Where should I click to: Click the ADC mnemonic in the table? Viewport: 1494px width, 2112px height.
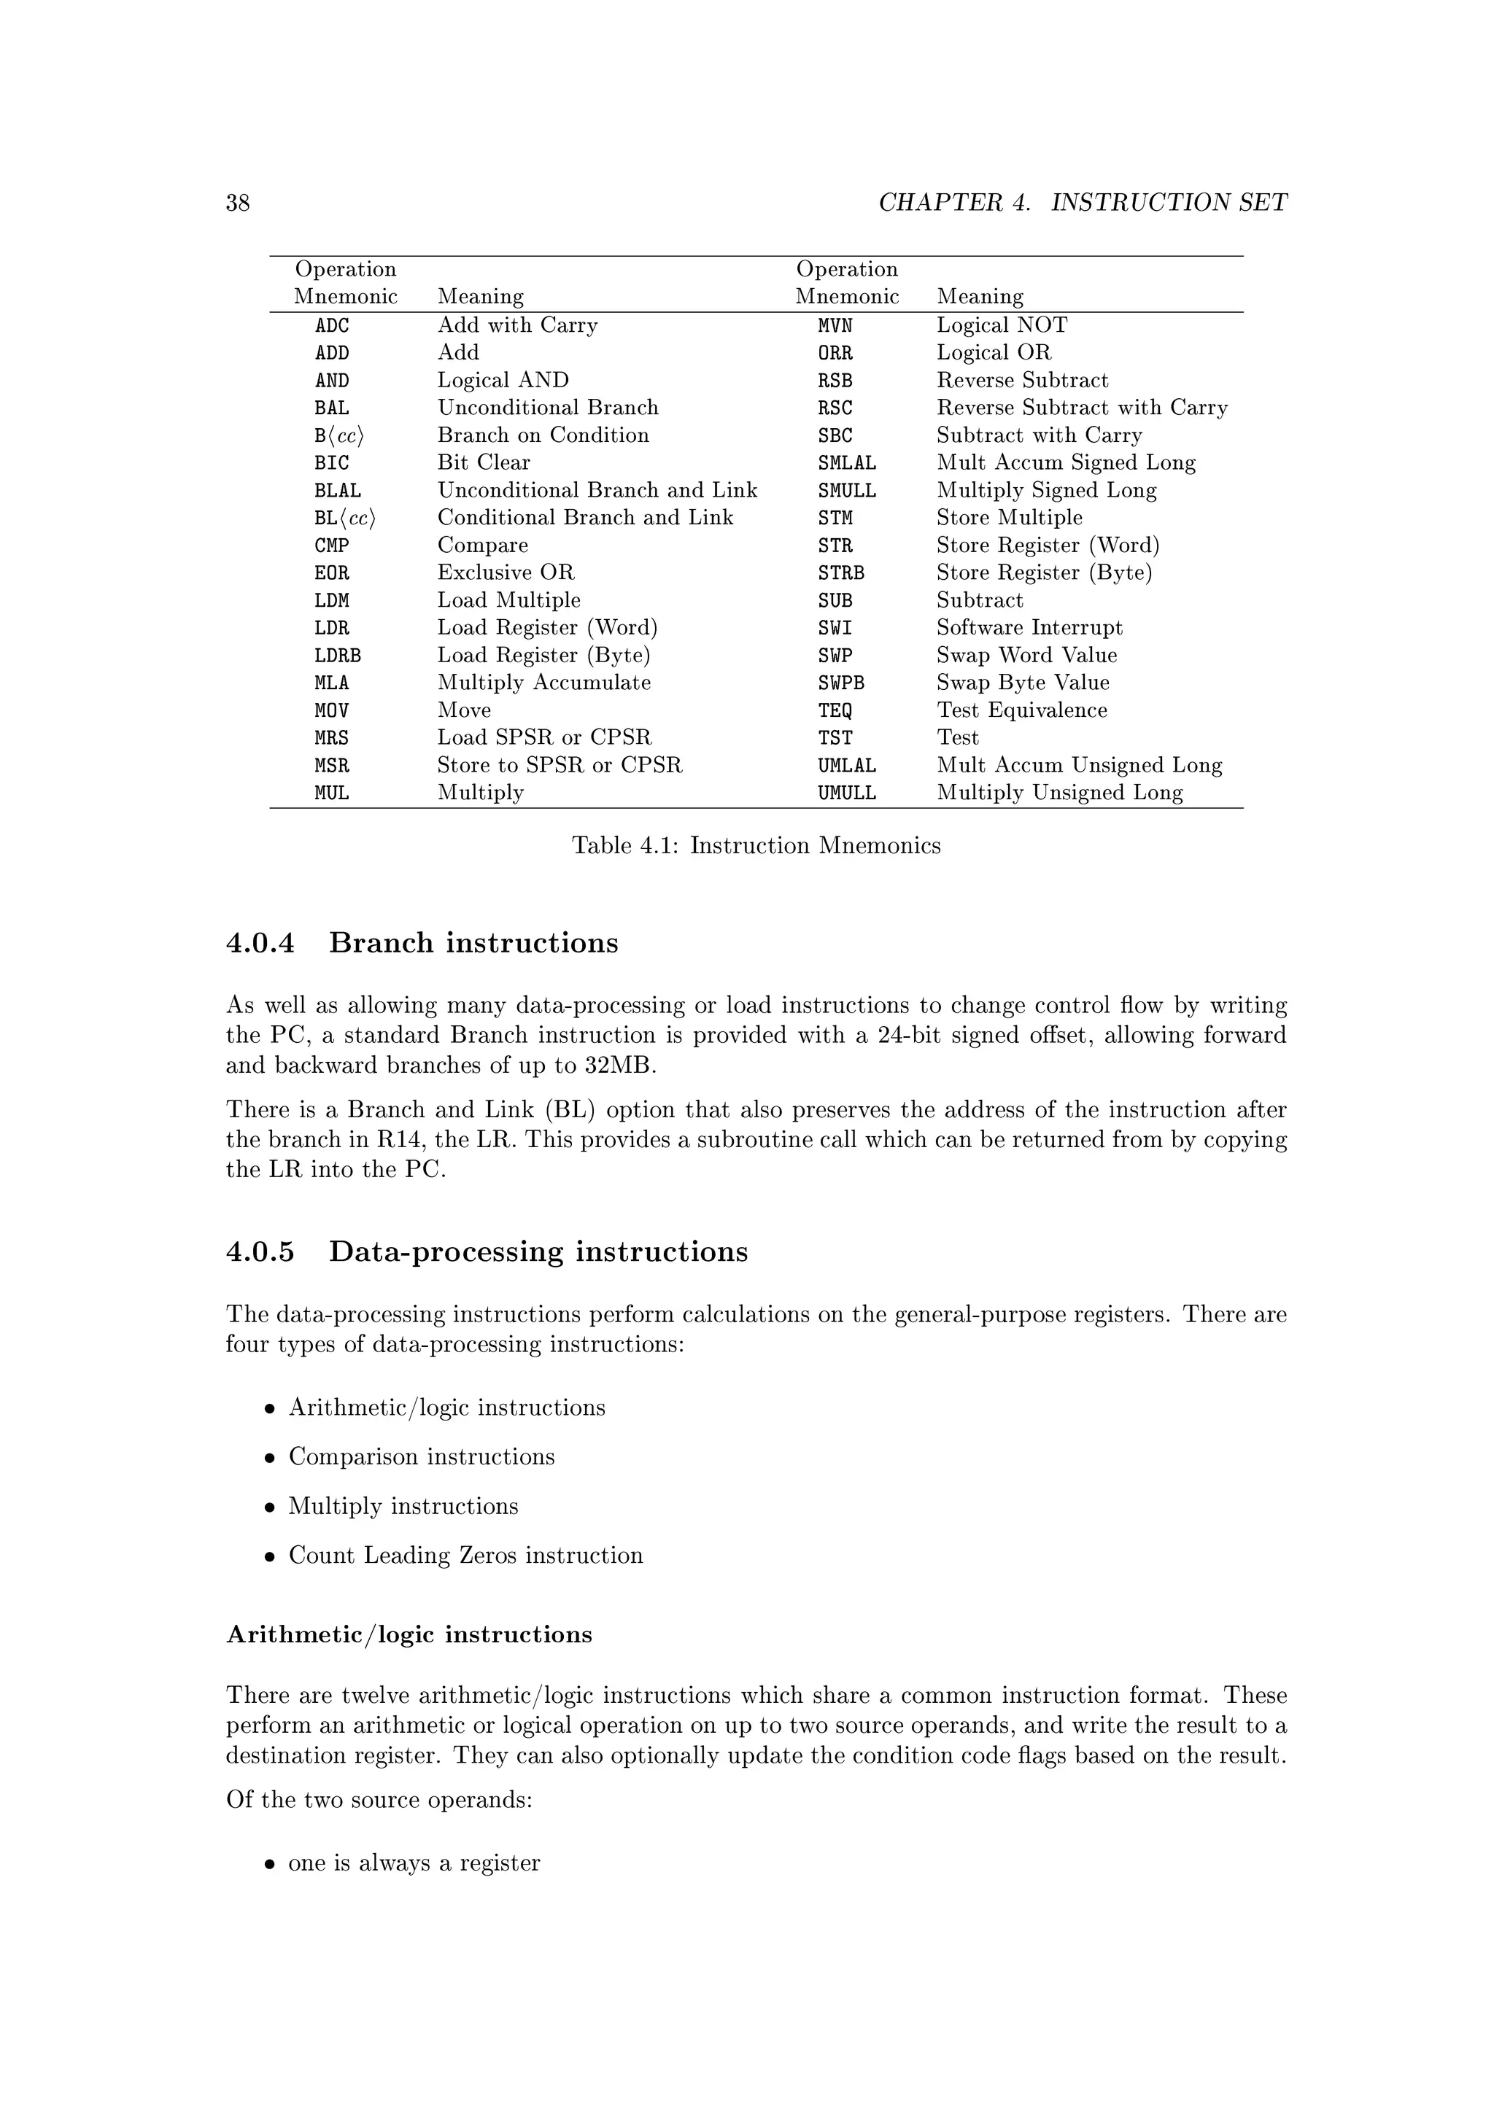[331, 326]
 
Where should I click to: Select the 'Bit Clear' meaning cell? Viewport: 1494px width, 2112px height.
[483, 462]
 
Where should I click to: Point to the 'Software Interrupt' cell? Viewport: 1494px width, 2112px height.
[1029, 627]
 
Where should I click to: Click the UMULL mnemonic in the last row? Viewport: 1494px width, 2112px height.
[846, 793]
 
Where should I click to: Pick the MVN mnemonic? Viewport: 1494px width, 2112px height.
[835, 326]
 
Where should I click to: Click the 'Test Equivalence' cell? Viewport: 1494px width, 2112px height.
[1021, 710]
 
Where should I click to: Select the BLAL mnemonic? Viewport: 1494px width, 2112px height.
[337, 490]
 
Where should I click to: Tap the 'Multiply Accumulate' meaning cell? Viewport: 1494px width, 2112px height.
[543, 683]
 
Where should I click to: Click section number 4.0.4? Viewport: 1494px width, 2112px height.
[260, 943]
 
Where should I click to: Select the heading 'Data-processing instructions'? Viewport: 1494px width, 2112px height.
[538, 1252]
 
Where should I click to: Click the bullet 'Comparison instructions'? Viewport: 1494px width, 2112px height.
[422, 1456]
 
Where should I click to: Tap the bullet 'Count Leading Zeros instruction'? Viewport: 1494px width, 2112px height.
[465, 1555]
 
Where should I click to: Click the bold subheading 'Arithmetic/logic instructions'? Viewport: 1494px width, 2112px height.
[409, 1634]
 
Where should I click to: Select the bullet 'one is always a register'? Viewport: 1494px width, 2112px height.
[413, 1863]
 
